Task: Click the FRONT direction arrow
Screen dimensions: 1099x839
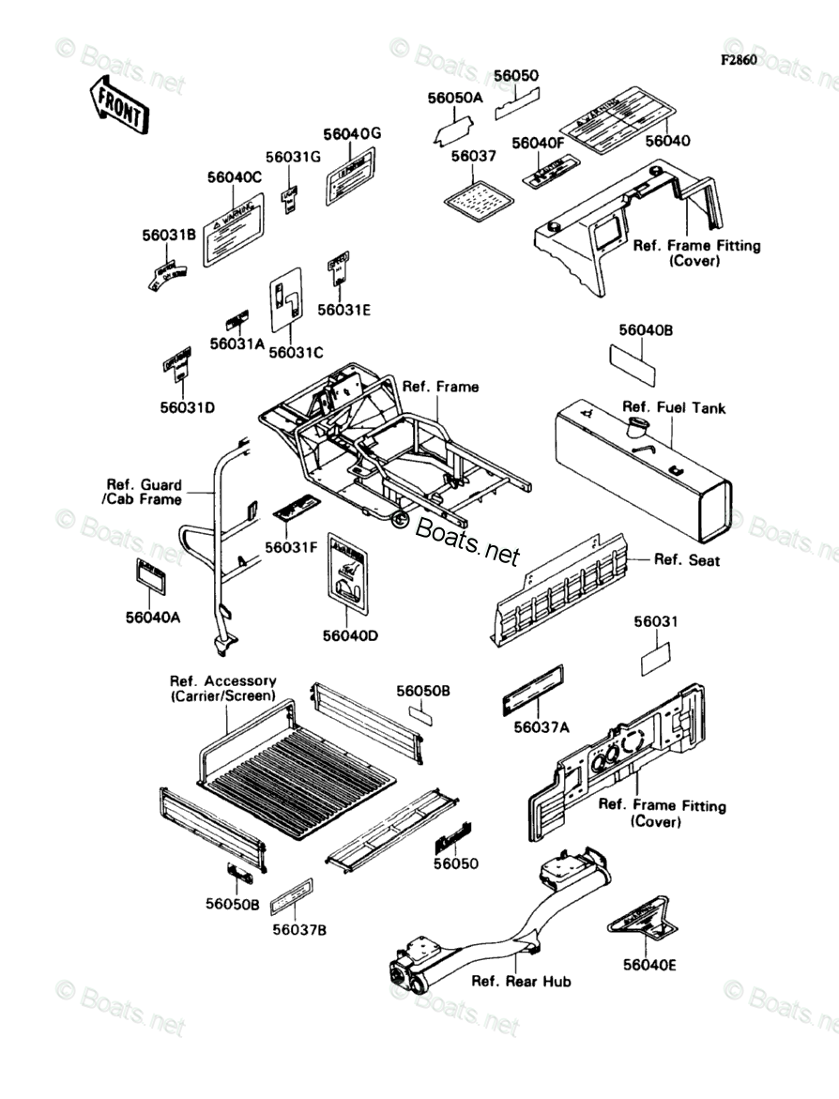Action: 117,104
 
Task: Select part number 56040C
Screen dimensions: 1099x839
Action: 235,176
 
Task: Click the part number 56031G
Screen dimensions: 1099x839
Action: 292,157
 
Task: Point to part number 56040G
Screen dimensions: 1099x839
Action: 352,134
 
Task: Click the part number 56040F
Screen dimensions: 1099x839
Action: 538,143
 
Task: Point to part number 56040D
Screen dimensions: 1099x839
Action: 350,635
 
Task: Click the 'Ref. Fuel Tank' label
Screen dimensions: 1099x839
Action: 674,408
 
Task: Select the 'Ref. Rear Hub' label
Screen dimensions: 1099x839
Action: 521,982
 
